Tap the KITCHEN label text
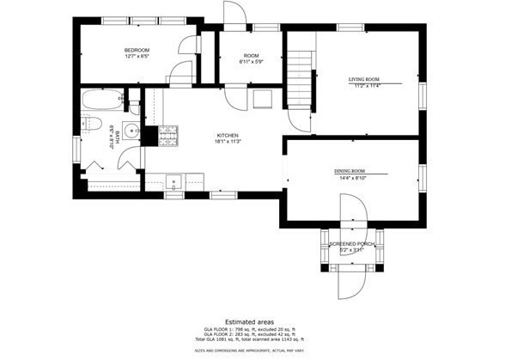pos(228,135)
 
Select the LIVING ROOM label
pos(363,79)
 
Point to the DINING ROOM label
pos(355,172)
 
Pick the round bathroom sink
pos(131,131)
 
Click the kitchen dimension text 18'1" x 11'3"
pos(228,142)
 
